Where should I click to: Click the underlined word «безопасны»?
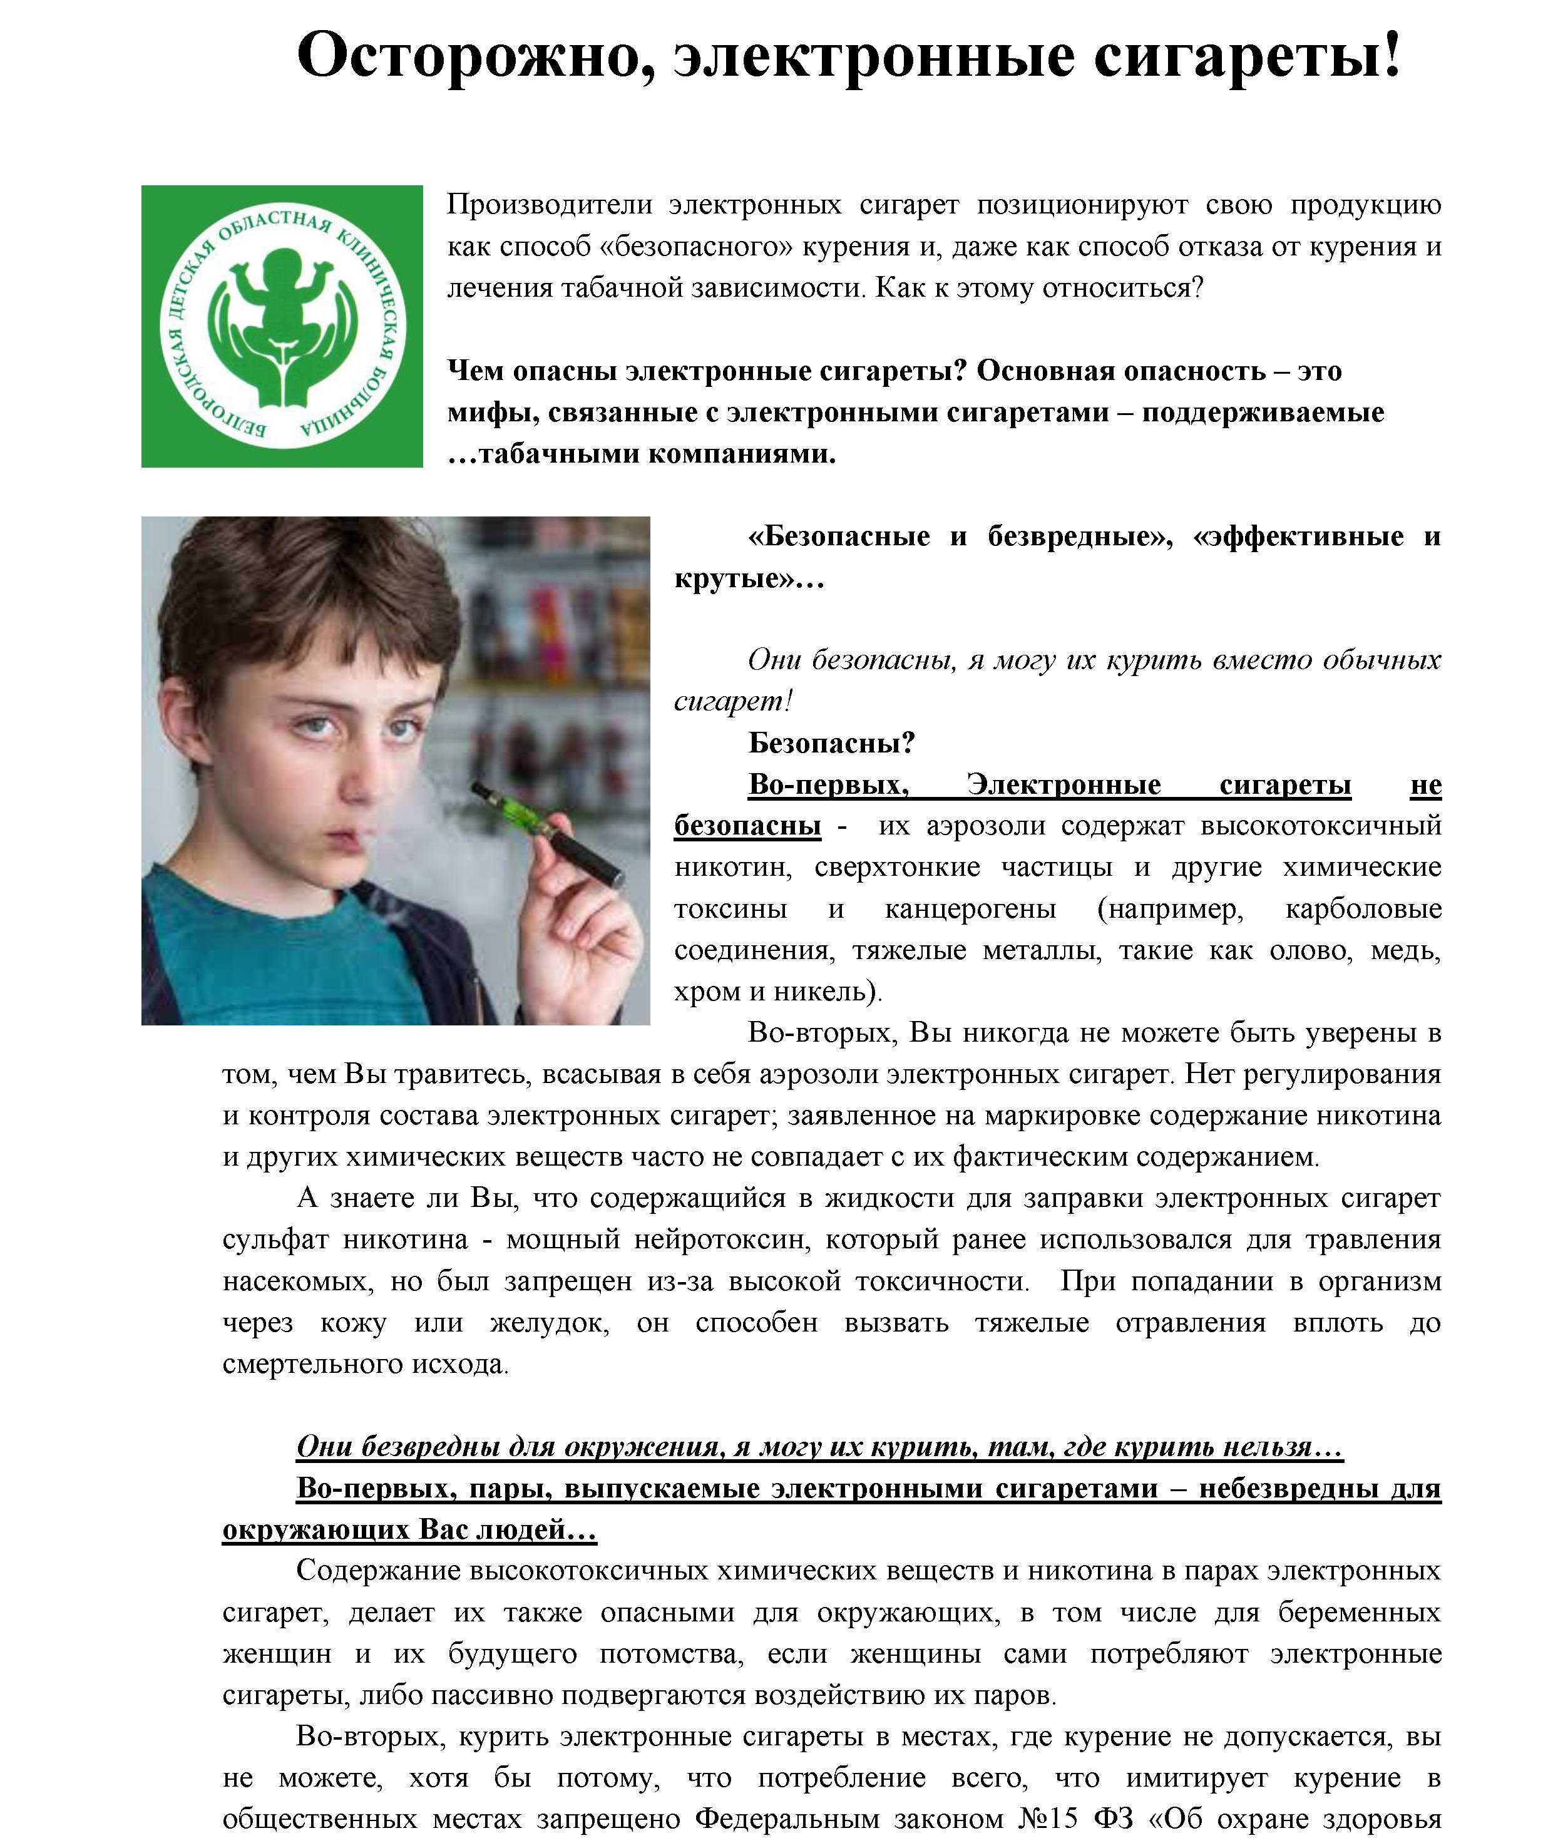click(747, 826)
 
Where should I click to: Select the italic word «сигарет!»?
click(732, 701)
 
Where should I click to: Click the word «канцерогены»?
click(970, 908)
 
